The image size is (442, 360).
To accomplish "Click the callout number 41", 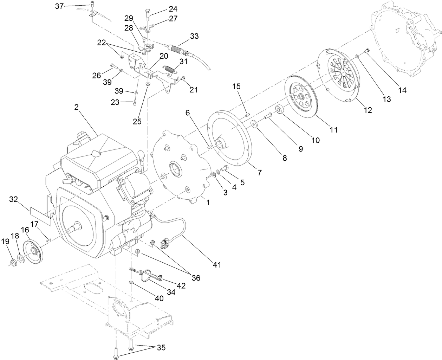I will [217, 265].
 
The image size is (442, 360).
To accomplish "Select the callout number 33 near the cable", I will [194, 36].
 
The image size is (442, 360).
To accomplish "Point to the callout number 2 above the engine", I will [76, 107].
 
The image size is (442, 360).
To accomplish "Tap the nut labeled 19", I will [13, 262].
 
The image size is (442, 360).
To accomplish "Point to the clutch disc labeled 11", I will [301, 97].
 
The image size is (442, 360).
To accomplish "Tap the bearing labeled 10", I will [280, 110].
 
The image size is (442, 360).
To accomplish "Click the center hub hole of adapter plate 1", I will [175, 168].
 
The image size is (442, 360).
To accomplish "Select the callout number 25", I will [137, 121].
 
